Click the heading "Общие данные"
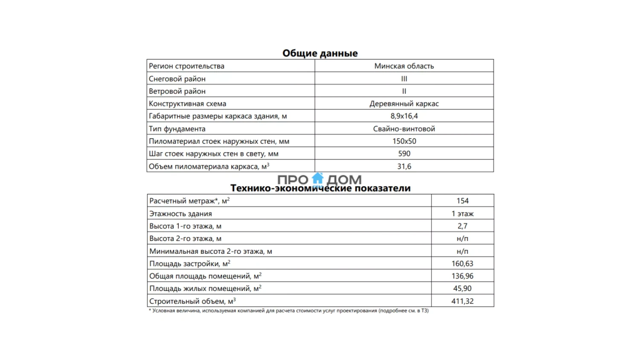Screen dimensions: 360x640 (x=320, y=53)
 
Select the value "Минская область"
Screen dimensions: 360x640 (x=404, y=66)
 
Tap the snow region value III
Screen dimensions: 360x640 (x=404, y=78)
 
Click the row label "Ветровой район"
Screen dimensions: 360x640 (x=177, y=91)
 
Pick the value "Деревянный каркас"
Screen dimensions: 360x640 (x=404, y=104)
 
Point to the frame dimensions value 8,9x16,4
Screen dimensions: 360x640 (x=404, y=116)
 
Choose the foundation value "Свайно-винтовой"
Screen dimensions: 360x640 (x=404, y=129)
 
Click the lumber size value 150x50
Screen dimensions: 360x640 (x=404, y=141)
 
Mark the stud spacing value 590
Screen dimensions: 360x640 (x=404, y=154)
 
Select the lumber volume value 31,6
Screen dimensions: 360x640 (x=404, y=166)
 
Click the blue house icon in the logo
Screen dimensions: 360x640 (x=318, y=179)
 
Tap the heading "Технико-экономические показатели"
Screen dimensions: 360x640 (x=320, y=189)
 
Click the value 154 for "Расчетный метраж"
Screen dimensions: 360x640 (x=463, y=201)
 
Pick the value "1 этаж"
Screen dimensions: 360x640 (x=463, y=214)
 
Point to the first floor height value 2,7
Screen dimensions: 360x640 (x=463, y=226)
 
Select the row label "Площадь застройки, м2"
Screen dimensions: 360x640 (x=190, y=264)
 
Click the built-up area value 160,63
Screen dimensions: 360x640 (x=463, y=264)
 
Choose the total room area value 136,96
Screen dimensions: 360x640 (x=463, y=276)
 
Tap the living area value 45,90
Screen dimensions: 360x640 (x=463, y=288)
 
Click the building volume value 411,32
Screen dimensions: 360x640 (x=463, y=301)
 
